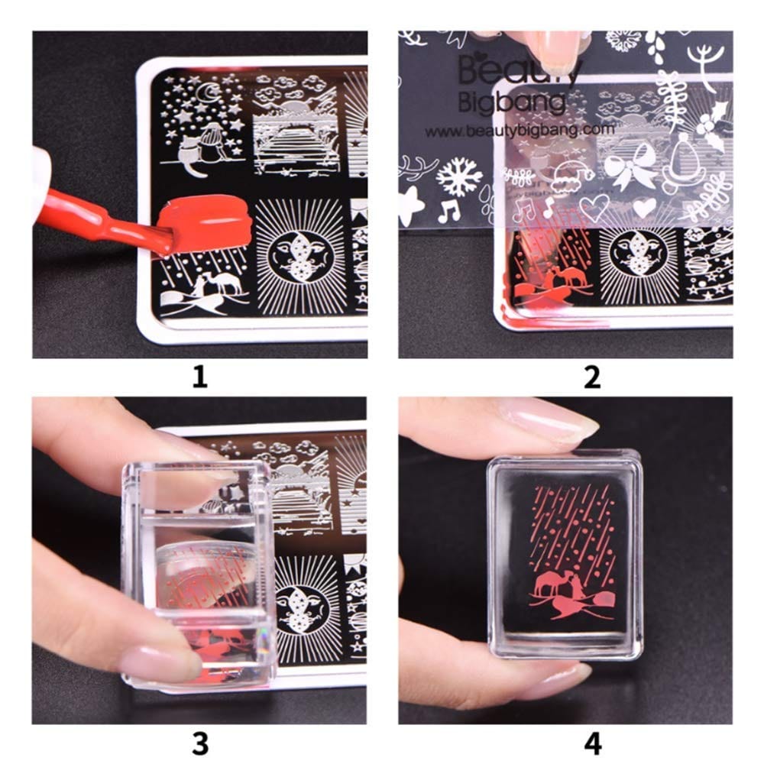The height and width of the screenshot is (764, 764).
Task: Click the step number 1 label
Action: (199, 377)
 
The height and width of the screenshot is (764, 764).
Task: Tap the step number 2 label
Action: (591, 377)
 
